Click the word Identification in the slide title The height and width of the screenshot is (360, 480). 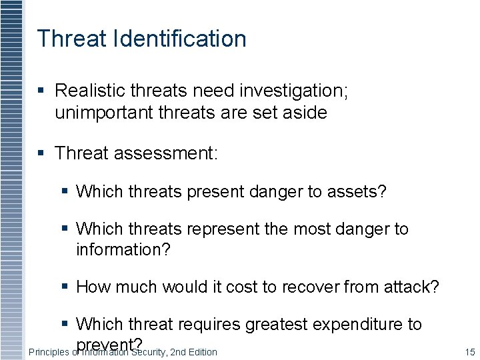pyautogui.click(x=180, y=39)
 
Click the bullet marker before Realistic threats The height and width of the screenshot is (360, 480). pyautogui.click(x=41, y=90)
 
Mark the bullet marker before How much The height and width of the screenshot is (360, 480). pyautogui.click(x=65, y=287)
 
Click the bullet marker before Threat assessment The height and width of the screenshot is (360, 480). pyautogui.click(x=41, y=153)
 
